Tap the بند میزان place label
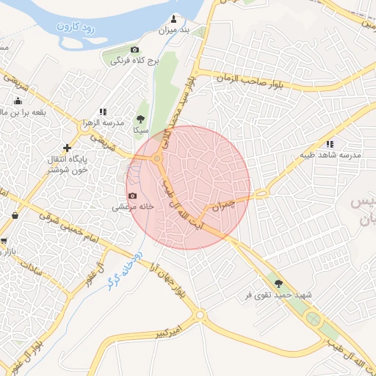[x=175, y=31]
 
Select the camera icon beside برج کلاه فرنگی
[x=134, y=49]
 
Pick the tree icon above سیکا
[x=140, y=119]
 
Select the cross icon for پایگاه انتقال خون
[x=68, y=148]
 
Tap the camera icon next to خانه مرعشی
[x=133, y=195]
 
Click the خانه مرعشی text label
[x=132, y=207]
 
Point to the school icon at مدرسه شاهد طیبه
[x=330, y=144]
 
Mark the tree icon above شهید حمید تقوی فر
[x=278, y=283]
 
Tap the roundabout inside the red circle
[x=156, y=159]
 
